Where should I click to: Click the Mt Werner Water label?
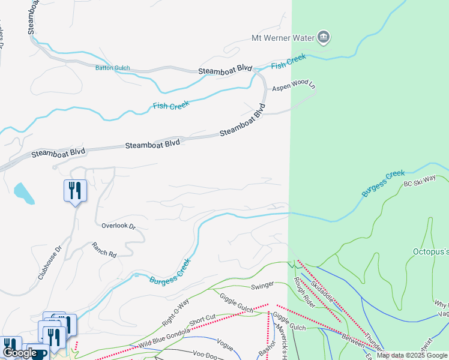coord(283,38)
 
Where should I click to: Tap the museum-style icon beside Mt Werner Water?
coord(324,38)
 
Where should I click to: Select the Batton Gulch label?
coord(112,68)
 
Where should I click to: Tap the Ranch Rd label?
coord(104,250)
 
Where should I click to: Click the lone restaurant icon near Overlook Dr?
coord(75,191)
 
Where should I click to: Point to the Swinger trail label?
coord(262,284)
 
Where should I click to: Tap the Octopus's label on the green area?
coord(430,251)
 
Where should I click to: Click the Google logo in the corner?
coord(19,353)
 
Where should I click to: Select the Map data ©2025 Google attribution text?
coord(412,355)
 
